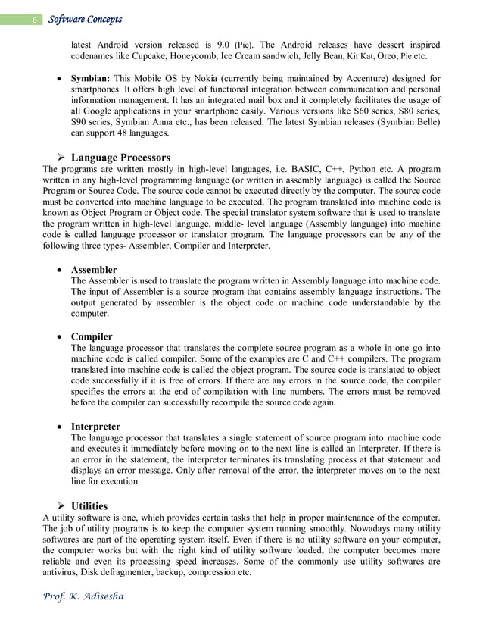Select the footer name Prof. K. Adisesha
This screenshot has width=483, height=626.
tap(85, 596)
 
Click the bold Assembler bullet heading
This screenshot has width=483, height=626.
tap(94, 270)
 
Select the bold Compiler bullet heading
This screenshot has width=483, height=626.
tap(92, 336)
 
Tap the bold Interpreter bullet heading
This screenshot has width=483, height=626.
tap(96, 426)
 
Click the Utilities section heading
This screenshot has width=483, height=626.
tap(89, 505)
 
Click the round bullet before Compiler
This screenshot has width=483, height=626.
tap(59, 336)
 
